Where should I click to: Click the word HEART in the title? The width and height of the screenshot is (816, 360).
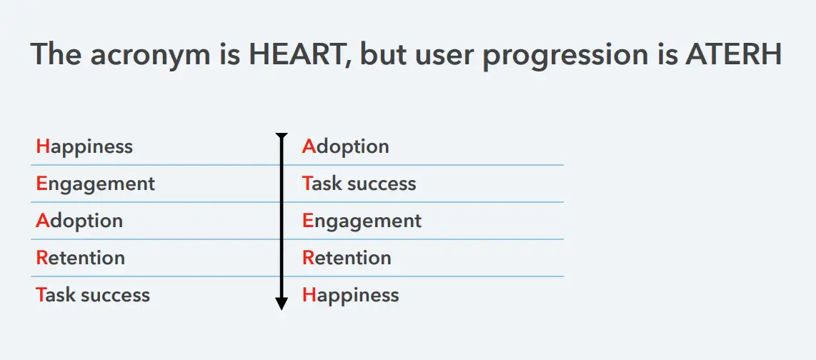[295, 54]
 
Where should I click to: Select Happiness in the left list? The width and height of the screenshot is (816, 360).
[84, 147]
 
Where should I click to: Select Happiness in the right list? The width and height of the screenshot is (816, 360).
[351, 296]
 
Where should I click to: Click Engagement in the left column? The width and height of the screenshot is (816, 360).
[96, 184]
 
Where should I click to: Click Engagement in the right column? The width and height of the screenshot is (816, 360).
[362, 221]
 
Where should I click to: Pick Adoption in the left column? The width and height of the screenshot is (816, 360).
[79, 221]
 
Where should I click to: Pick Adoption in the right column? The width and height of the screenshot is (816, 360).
[346, 147]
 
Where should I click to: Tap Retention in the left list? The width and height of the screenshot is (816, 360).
[81, 258]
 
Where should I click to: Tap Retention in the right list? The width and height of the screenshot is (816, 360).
[347, 258]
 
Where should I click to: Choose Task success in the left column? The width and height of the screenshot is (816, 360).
[93, 296]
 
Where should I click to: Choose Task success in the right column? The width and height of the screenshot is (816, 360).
[359, 184]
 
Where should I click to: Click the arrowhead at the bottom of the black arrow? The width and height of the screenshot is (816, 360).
[282, 304]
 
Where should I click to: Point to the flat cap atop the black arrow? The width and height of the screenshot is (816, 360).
[282, 135]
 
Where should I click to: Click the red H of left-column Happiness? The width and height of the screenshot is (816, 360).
[43, 146]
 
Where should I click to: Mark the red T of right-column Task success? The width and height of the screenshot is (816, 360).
[307, 183]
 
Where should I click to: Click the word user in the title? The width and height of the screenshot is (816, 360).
[448, 56]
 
